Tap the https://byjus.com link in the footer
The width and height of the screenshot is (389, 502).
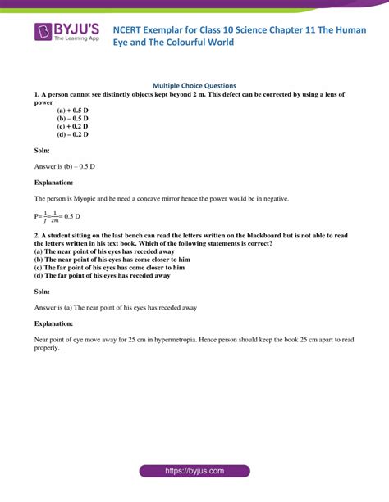pyautogui.click(x=194, y=472)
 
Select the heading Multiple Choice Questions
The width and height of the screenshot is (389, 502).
pyautogui.click(x=194, y=85)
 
